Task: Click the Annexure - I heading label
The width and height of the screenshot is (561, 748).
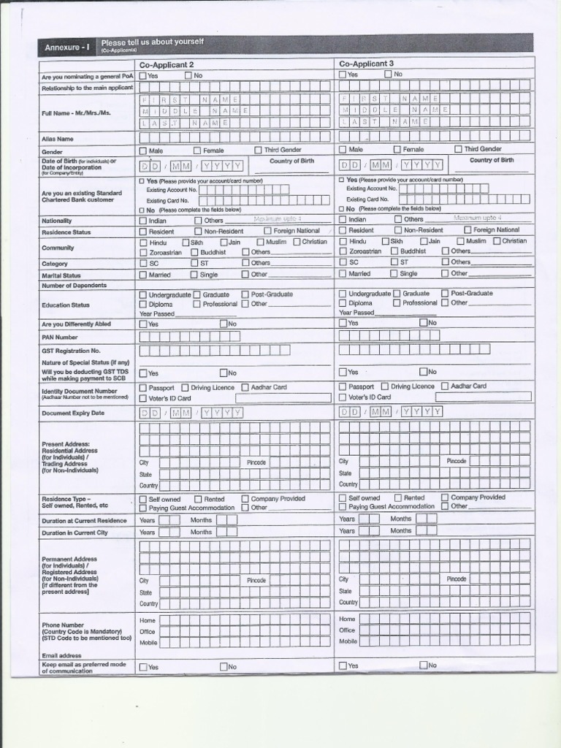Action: point(67,47)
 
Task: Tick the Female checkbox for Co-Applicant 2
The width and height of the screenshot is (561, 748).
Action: point(197,150)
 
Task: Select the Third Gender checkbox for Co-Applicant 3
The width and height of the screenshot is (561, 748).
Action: point(458,149)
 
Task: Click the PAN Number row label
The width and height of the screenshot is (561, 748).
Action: point(60,337)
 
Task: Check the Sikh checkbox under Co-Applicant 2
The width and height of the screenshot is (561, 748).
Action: point(186,242)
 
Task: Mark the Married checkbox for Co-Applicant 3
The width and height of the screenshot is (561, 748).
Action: point(343,274)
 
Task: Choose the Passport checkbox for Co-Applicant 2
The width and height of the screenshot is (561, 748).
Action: point(143,388)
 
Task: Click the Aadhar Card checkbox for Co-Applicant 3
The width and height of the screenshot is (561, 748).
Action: point(445,386)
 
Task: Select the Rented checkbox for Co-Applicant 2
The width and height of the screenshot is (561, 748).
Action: point(198,500)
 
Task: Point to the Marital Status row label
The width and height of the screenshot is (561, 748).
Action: point(61,276)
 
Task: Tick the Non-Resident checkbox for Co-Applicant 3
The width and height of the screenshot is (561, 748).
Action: point(398,230)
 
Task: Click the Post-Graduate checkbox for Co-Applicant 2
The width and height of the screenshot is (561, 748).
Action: point(245,294)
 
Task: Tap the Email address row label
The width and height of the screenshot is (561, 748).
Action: point(61,655)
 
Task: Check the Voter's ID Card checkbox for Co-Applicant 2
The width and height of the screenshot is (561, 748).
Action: point(143,398)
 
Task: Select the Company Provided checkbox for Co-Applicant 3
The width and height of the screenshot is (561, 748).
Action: point(445,497)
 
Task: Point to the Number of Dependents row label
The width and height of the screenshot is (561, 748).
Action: point(74,286)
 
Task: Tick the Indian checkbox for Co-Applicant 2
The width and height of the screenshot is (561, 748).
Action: point(143,221)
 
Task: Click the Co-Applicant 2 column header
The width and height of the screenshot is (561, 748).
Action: point(167,65)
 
